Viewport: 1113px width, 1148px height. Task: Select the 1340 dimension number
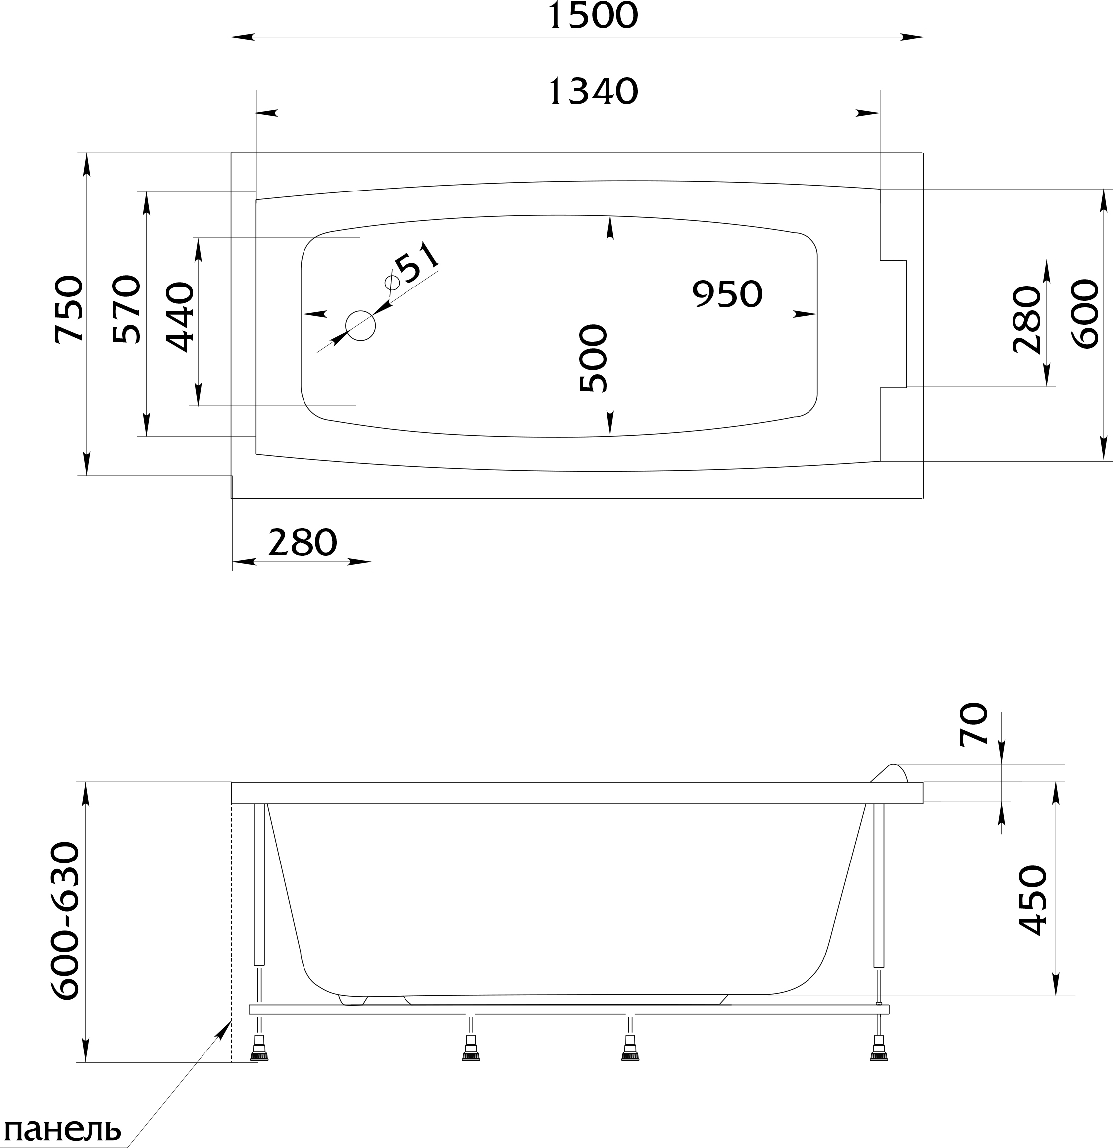(593, 92)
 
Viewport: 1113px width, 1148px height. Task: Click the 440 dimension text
(180, 317)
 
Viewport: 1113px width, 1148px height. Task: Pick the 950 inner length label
(727, 294)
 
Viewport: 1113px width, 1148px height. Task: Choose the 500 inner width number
(593, 358)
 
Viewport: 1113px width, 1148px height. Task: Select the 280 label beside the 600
(1027, 319)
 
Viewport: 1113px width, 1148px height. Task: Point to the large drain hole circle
(360, 326)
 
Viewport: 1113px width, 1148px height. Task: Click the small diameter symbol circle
(392, 283)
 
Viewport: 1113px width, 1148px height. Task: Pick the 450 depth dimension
(1033, 908)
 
